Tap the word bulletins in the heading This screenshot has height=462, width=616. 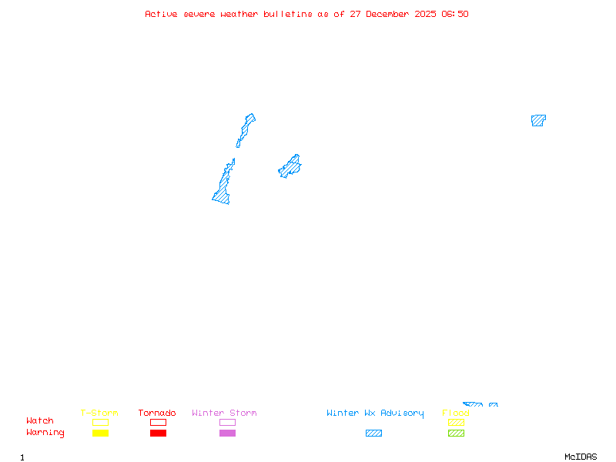tap(288, 14)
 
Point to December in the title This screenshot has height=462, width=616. tap(391, 14)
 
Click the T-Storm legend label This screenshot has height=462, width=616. tap(99, 413)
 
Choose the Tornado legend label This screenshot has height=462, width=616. tap(157, 413)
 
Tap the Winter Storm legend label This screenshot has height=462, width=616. tap(224, 413)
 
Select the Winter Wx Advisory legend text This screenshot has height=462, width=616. tap(375, 413)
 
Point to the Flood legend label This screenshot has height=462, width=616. tap(456, 413)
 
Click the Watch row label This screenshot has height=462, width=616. tap(40, 421)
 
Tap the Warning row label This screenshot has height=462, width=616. tap(45, 433)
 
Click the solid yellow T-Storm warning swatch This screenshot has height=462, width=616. tap(100, 434)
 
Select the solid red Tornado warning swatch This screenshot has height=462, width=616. tap(158, 434)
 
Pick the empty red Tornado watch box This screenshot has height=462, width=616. tap(158, 422)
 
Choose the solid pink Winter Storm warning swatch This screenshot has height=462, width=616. tap(227, 434)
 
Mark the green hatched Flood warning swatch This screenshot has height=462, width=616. tap(456, 434)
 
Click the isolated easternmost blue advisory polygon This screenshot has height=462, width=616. tap(537, 120)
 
